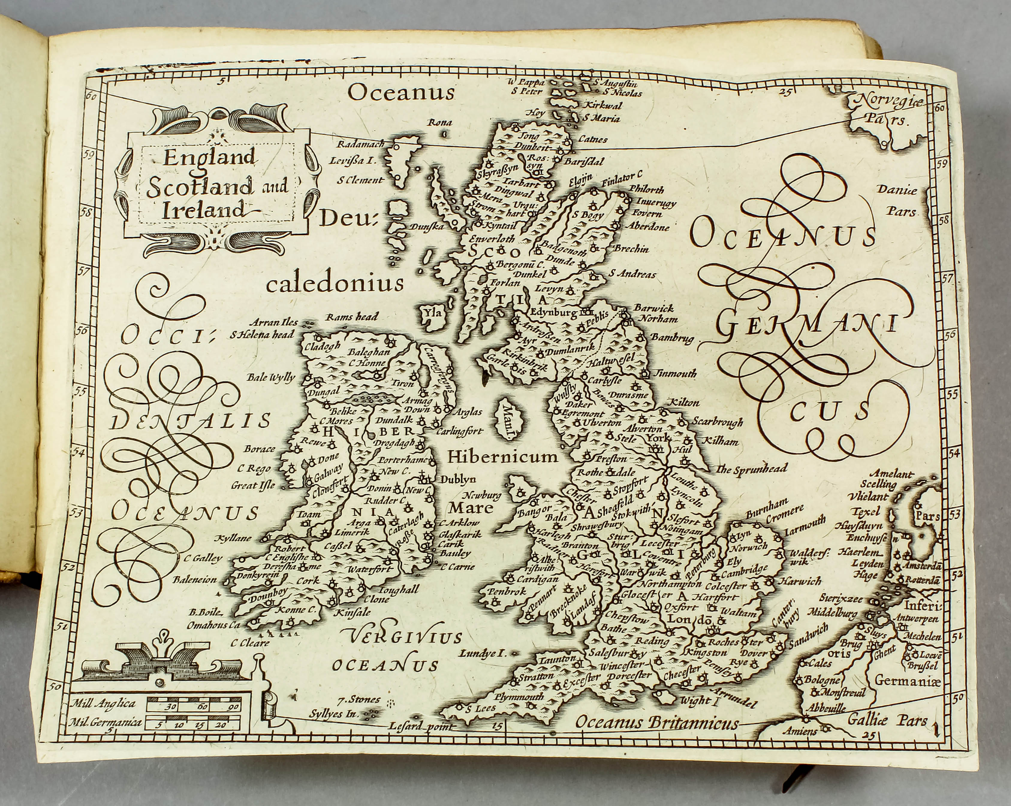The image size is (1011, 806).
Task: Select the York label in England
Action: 658,438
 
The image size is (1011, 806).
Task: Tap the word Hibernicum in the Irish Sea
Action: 502,456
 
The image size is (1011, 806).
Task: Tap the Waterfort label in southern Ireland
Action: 369,569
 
